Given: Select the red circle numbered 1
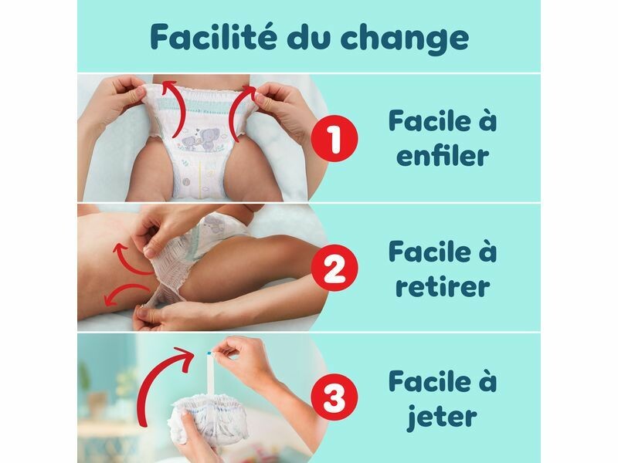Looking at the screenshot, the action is [x=334, y=138].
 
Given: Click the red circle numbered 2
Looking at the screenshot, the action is [x=334, y=268].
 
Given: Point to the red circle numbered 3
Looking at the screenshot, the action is [x=334, y=397].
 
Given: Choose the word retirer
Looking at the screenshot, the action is [x=443, y=285].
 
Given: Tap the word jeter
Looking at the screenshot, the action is [x=442, y=417].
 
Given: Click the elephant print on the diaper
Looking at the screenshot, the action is [x=200, y=140].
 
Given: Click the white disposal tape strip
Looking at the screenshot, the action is [x=210, y=372].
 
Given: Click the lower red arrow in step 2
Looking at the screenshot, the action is [x=125, y=292].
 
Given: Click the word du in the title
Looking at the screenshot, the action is [x=307, y=36].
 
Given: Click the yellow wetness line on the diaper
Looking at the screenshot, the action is [x=200, y=173].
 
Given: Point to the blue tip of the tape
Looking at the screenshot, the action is [x=209, y=351].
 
